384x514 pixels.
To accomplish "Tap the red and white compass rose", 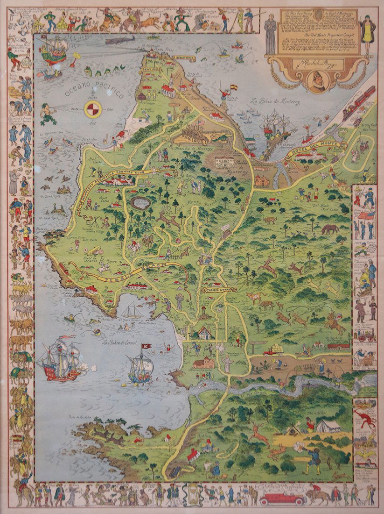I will pos(92,110).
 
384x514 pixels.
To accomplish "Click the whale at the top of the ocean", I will pos(119,41).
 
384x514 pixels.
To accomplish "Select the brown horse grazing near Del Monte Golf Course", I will pos(329,229).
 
